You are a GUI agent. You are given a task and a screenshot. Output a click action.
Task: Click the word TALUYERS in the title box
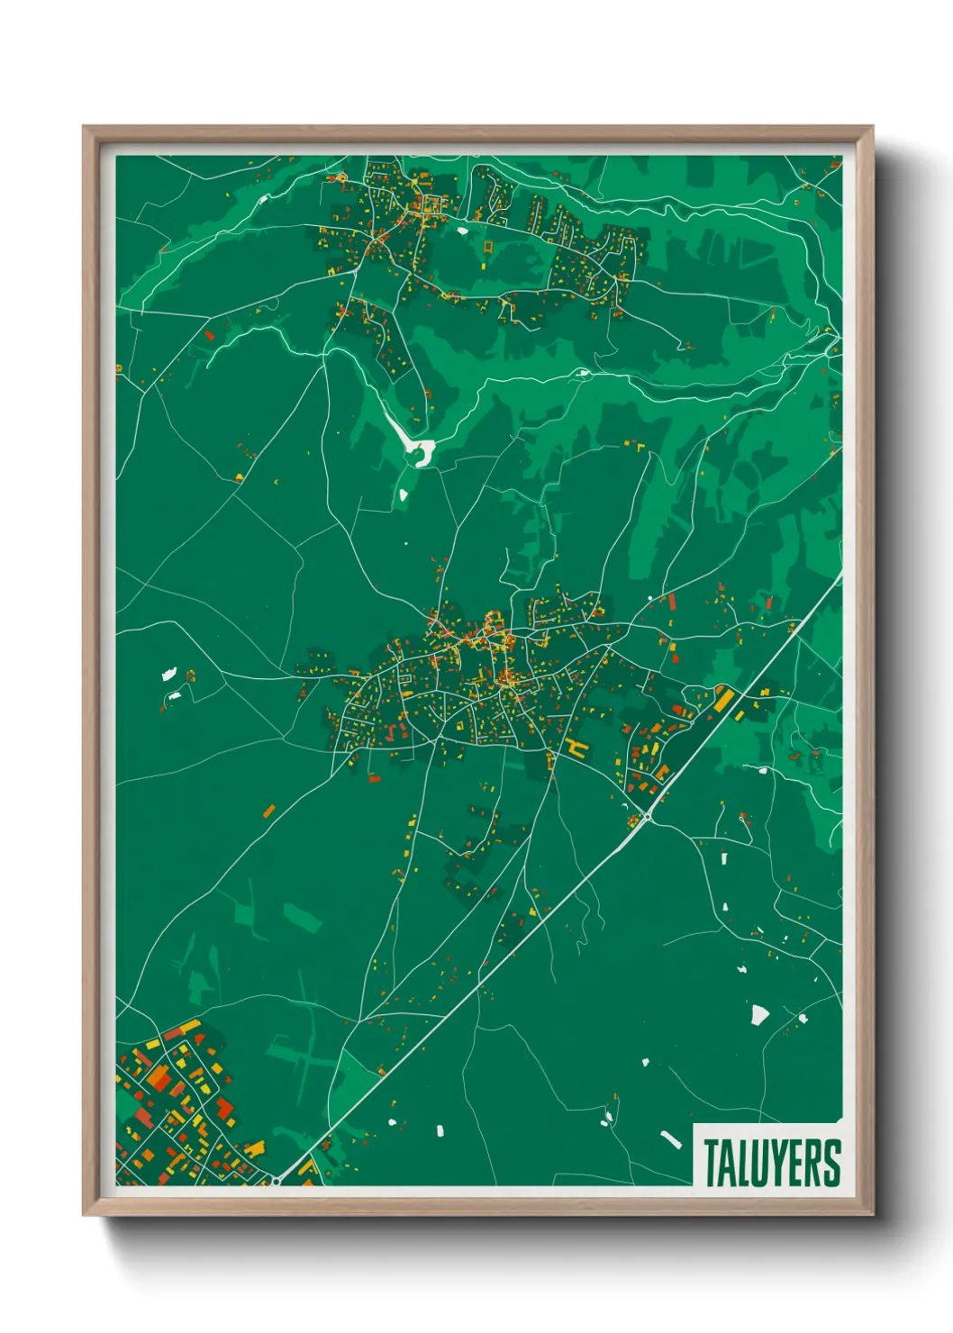tap(772, 1163)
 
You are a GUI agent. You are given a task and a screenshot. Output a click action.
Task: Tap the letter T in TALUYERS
tap(712, 1163)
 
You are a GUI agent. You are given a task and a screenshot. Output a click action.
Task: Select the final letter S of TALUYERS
tap(832, 1163)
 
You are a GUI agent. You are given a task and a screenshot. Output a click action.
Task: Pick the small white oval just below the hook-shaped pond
tap(403, 494)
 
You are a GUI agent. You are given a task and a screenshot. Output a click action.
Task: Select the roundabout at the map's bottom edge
tap(275, 1179)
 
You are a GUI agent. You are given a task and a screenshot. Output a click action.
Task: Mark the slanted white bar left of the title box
tap(671, 1139)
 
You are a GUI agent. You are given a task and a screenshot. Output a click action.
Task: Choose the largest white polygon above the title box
tap(759, 1015)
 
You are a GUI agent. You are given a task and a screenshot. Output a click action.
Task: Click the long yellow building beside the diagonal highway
tap(722, 698)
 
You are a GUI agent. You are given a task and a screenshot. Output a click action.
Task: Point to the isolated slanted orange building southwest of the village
tap(268, 812)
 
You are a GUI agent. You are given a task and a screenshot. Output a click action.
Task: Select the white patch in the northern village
tap(463, 231)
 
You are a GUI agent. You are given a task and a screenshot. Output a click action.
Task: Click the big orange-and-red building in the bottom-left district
tap(159, 1077)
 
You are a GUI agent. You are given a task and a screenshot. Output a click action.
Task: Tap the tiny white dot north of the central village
tap(405, 544)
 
